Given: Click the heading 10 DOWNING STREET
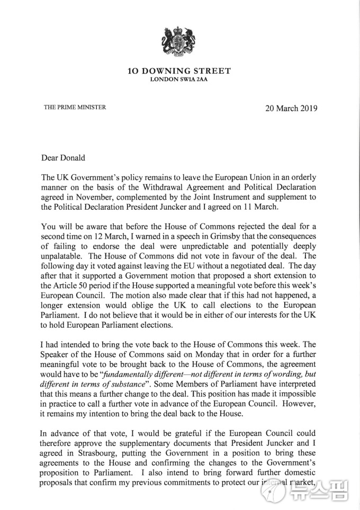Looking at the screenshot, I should coord(179,71).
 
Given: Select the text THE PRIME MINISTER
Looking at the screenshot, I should coord(75,107).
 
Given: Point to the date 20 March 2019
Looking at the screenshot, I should coord(291,108).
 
